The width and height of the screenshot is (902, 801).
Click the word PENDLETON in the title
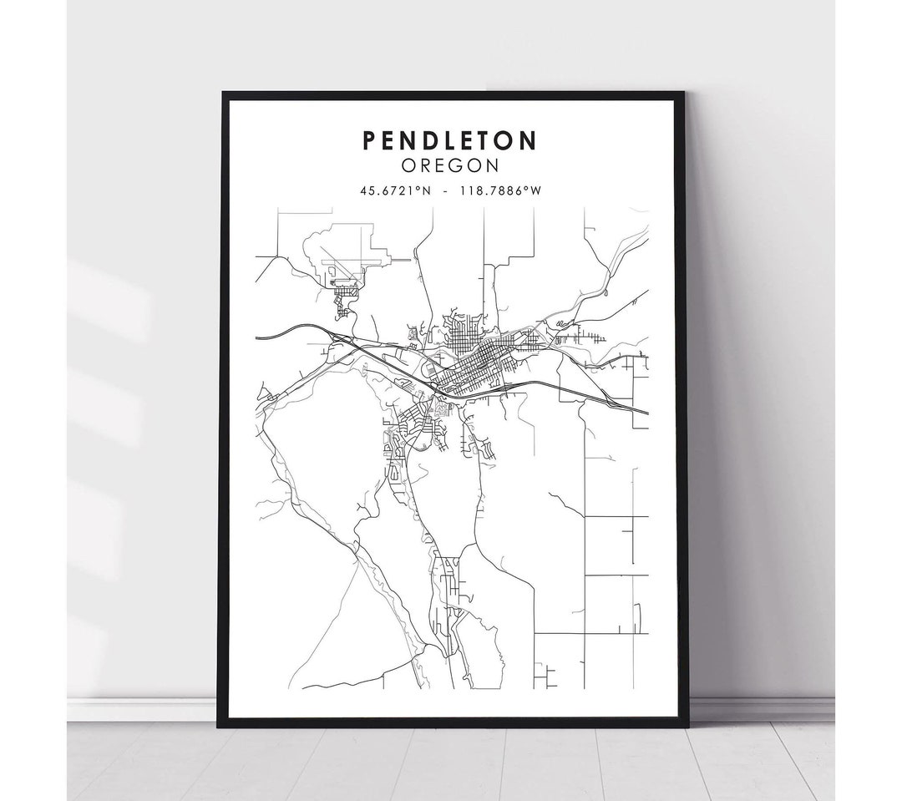(x=449, y=140)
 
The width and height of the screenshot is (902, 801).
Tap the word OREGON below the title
(x=450, y=165)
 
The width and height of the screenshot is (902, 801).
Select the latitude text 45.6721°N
(x=396, y=190)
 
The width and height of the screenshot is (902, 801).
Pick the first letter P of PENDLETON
(x=369, y=140)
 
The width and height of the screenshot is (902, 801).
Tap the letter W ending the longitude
(x=536, y=190)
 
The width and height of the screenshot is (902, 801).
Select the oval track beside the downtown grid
(x=428, y=369)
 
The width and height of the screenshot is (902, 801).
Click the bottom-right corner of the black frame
(x=687, y=725)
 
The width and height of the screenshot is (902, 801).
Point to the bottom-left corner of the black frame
(x=220, y=725)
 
